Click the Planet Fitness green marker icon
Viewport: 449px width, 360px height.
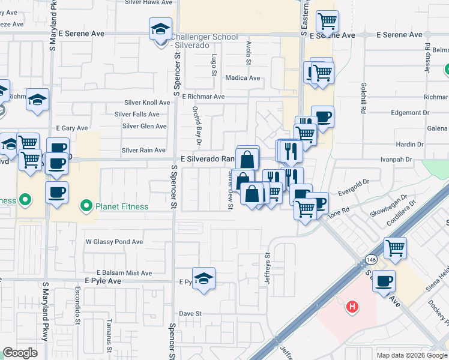coord(86,207)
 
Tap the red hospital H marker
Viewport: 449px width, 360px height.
coord(353,307)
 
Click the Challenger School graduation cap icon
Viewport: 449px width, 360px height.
coord(160,29)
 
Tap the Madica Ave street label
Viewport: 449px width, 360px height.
coord(243,78)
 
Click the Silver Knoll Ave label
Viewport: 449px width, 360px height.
coord(147,103)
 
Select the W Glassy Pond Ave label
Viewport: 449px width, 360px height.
coord(114,242)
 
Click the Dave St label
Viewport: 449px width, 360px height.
coord(189,313)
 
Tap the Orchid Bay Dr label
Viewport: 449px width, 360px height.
coord(196,127)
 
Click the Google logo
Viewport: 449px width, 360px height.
coord(20,353)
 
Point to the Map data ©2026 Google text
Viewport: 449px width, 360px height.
coord(412,355)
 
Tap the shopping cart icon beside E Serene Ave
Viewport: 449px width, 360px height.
coord(327,22)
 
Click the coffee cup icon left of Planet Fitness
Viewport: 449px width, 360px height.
coord(57,193)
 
